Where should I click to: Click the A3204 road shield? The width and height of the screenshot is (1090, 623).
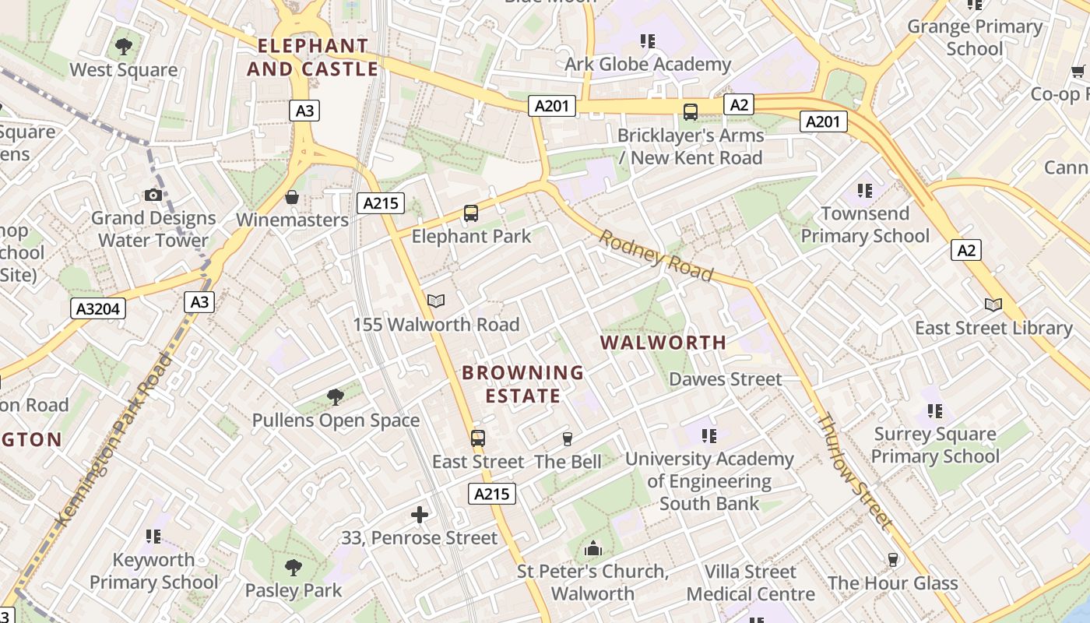pyautogui.click(x=99, y=309)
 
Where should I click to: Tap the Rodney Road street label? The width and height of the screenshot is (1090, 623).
pyautogui.click(x=656, y=255)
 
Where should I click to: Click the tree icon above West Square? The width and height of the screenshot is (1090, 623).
pyautogui.click(x=123, y=47)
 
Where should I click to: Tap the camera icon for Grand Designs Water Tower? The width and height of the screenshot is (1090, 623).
pyautogui.click(x=153, y=195)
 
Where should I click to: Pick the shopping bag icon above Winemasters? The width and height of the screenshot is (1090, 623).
pyautogui.click(x=292, y=197)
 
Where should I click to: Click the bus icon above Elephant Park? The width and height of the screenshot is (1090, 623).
pyautogui.click(x=470, y=213)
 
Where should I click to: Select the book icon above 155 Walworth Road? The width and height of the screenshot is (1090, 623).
pyautogui.click(x=436, y=301)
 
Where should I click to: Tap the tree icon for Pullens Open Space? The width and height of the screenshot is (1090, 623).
pyautogui.click(x=336, y=397)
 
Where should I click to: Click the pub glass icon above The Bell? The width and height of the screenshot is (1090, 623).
pyautogui.click(x=568, y=439)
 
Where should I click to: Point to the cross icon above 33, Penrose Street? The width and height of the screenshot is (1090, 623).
pyautogui.click(x=420, y=514)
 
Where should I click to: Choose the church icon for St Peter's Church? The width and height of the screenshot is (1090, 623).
pyautogui.click(x=593, y=548)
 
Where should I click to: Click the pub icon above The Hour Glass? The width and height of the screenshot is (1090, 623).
pyautogui.click(x=892, y=560)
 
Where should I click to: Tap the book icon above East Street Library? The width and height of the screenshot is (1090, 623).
pyautogui.click(x=993, y=304)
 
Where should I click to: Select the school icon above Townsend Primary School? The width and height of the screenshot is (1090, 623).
pyautogui.click(x=864, y=190)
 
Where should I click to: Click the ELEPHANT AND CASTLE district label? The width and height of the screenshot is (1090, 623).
pyautogui.click(x=313, y=58)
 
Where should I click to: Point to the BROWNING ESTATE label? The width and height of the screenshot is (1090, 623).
pyautogui.click(x=523, y=384)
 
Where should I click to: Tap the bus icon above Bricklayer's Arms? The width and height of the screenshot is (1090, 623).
pyautogui.click(x=691, y=111)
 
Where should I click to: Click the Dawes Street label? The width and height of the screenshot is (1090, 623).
pyautogui.click(x=726, y=379)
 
